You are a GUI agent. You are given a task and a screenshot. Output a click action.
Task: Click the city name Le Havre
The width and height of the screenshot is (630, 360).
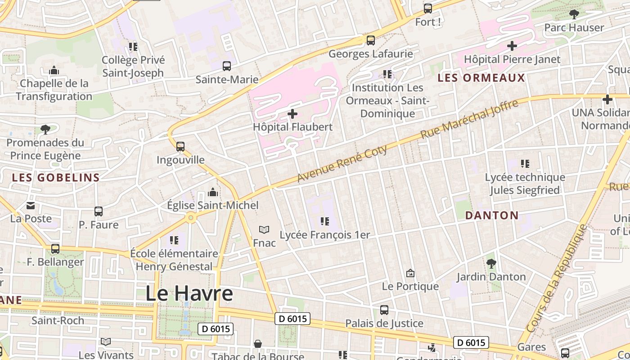189,293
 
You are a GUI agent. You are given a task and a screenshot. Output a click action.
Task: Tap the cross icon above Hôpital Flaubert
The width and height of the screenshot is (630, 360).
292,114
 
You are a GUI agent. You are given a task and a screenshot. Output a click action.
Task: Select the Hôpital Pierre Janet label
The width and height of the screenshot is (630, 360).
512,59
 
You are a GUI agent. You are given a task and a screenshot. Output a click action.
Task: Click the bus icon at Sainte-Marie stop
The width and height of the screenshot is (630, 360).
227,66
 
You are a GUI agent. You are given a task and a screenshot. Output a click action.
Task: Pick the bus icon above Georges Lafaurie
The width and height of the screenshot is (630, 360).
371,40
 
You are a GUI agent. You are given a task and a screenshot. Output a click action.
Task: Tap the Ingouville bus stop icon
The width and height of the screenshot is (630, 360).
180,146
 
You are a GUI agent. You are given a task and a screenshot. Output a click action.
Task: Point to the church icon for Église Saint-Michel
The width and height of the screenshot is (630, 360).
213,193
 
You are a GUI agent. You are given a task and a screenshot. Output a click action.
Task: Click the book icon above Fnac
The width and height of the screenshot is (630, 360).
264,230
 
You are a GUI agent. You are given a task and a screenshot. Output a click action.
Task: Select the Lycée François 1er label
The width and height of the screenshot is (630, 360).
324,235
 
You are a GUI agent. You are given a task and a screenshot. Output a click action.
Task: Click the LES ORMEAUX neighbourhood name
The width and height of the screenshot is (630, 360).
481,78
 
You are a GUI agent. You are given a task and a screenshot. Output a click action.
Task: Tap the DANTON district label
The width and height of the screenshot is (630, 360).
492,215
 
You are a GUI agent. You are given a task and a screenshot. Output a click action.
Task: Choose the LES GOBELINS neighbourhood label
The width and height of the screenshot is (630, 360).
56,177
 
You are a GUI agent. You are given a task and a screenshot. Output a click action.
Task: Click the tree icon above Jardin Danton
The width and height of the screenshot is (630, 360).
491,263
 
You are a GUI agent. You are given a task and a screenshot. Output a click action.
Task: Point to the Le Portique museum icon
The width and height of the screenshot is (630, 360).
410,273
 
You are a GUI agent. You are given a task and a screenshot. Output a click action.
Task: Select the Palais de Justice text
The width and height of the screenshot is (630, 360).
384,323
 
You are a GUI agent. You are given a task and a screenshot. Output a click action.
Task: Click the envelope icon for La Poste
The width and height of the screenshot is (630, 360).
31,206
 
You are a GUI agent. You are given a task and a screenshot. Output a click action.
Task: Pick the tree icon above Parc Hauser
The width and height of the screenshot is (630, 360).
574,14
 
